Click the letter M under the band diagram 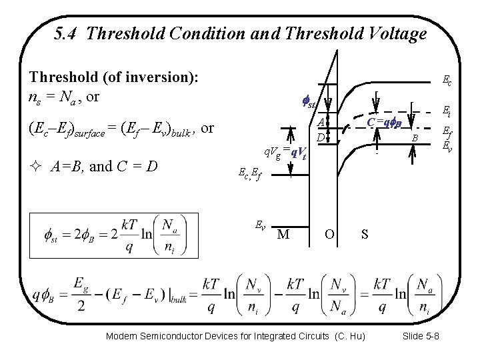(x=283, y=234)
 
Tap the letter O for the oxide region (x=329, y=234)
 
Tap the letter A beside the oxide (x=321, y=123)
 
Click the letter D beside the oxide (x=321, y=137)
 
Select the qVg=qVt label (x=285, y=153)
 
